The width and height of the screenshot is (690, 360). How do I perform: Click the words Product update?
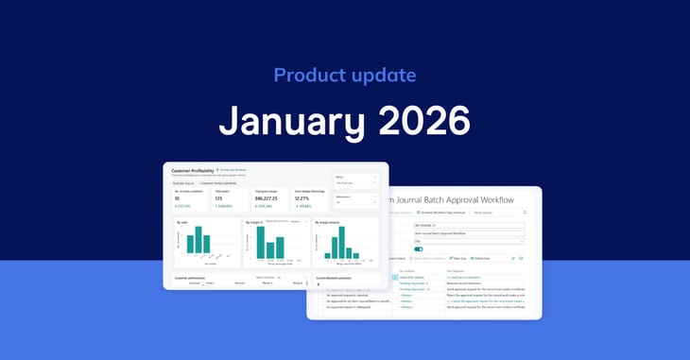pyautogui.click(x=344, y=75)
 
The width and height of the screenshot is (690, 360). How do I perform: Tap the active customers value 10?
pyautogui.click(x=179, y=199)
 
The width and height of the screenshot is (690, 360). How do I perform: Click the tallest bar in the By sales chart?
pyautogui.click(x=201, y=239)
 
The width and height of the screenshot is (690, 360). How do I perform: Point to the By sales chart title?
pyautogui.click(x=183, y=223)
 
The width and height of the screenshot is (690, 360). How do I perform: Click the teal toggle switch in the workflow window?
pyautogui.click(x=419, y=249)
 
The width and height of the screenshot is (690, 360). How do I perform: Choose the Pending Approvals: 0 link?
pyautogui.click(x=414, y=283)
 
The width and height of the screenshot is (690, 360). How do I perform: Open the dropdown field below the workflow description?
pyautogui.click(x=469, y=241)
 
